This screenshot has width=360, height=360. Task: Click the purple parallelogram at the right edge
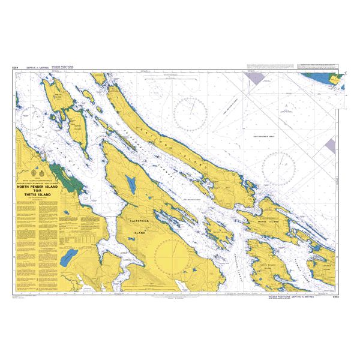click(331, 144)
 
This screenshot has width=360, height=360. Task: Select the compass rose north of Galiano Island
click(191, 113)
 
